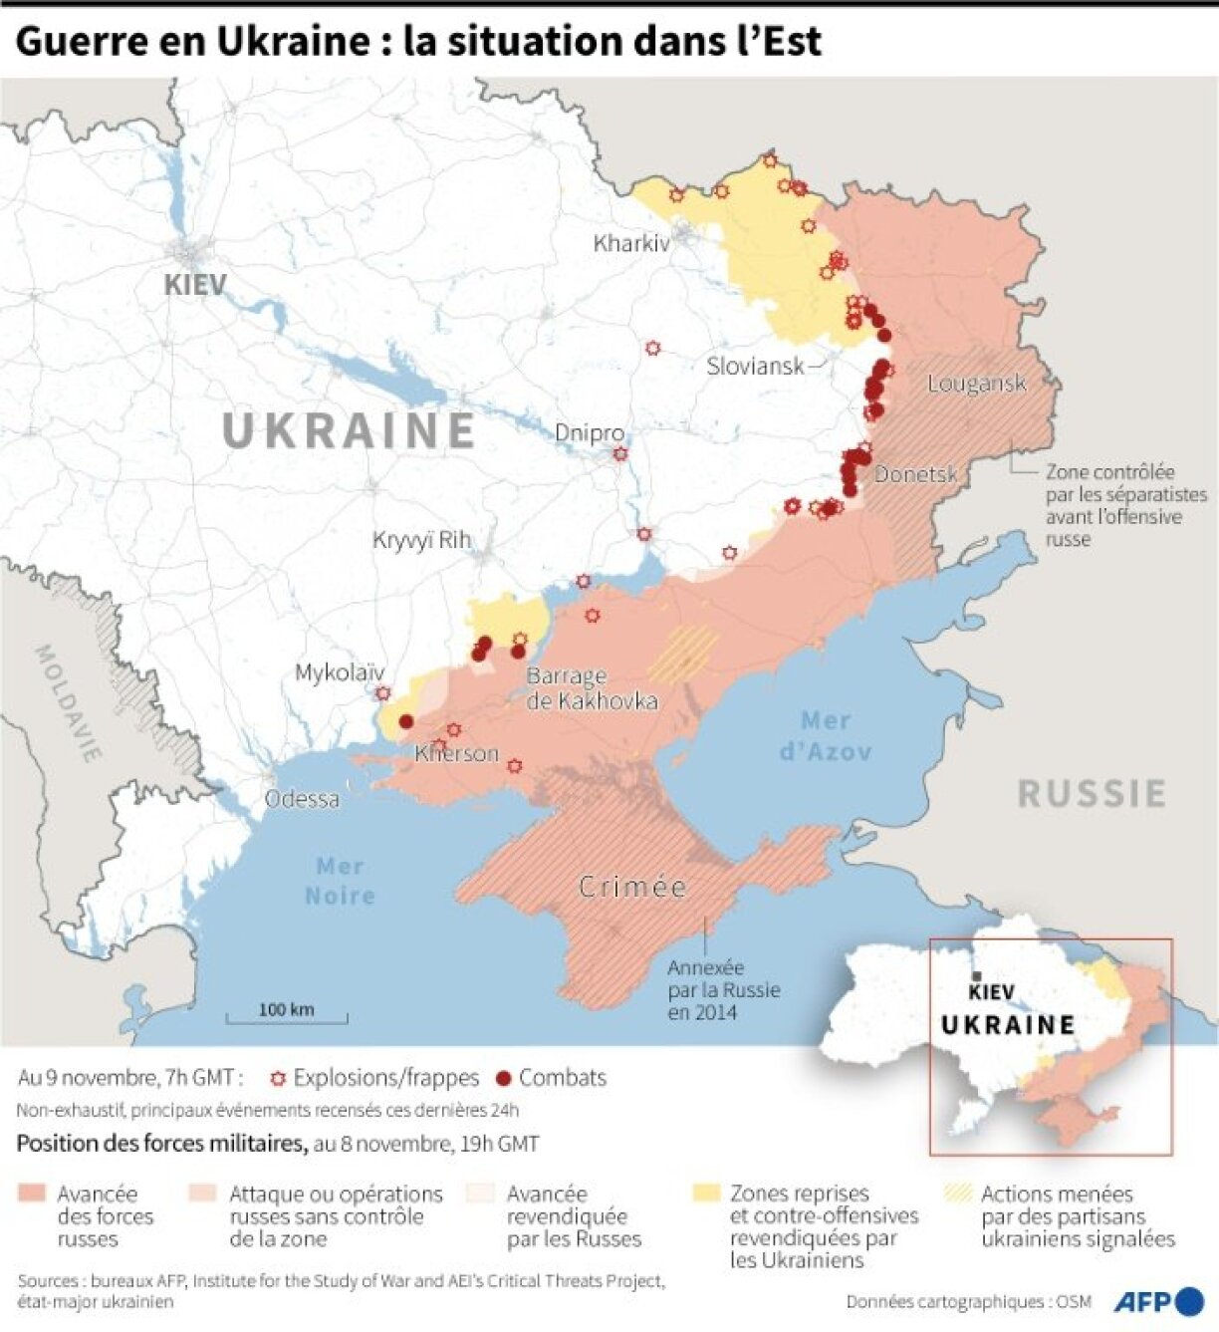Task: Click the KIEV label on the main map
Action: pos(195,284)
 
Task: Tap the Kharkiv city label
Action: pos(631,243)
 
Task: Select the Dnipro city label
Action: pos(589,433)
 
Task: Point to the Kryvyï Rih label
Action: pos(421,540)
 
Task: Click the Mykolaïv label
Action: pos(339,673)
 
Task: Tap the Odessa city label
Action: pos(301,799)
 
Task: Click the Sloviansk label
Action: pos(755,366)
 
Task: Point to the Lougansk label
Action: pos(976,384)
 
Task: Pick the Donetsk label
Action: pos(915,475)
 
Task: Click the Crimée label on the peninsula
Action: pos(632,887)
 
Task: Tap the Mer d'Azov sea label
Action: pos(826,735)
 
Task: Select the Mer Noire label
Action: pos(340,881)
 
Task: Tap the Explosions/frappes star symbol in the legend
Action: pos(278,1079)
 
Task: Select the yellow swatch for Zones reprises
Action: pos(706,1193)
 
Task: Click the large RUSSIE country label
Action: pos(1092,794)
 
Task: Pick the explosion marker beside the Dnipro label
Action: pos(620,454)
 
